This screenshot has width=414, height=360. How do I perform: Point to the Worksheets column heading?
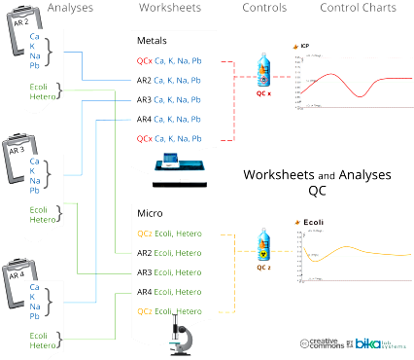click(x=171, y=8)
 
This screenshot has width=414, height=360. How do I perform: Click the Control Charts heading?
click(x=358, y=8)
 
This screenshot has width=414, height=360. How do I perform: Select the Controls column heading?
click(x=261, y=8)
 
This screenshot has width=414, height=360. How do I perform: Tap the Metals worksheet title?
click(x=152, y=42)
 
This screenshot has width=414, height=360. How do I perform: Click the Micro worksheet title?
click(x=149, y=213)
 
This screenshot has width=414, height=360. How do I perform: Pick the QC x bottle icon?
click(x=262, y=78)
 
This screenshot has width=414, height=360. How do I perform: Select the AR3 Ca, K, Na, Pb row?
click(x=169, y=100)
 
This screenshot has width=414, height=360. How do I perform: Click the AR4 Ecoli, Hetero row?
click(x=168, y=292)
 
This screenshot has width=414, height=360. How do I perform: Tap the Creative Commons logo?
click(x=325, y=343)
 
